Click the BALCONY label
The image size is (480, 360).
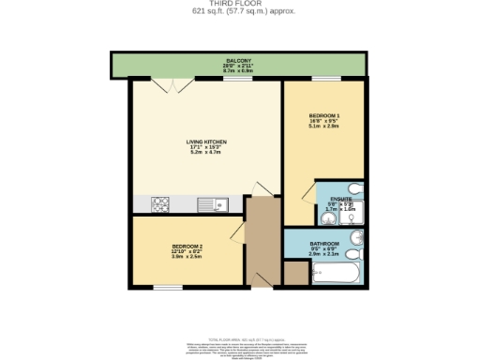pyautogui.click(x=236, y=60)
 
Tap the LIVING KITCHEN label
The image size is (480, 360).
pyautogui.click(x=205, y=142)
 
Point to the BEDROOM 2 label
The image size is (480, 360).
pyautogui.click(x=187, y=246)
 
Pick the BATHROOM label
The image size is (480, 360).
pyautogui.click(x=324, y=244)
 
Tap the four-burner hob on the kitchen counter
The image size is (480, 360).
pyautogui.click(x=157, y=203)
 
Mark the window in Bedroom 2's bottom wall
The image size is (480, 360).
pyautogui.click(x=168, y=286)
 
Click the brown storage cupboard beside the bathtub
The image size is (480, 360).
pyautogui.click(x=295, y=273)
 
